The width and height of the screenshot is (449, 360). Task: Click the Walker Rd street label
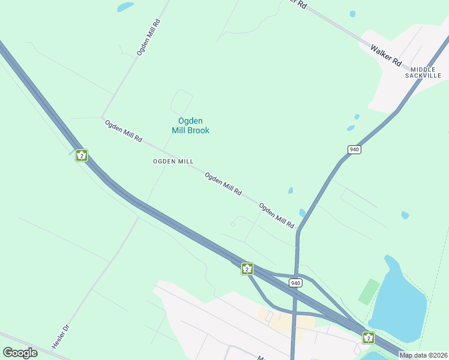pyautogui.click(x=385, y=54)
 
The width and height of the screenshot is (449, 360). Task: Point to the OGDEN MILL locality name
pyautogui.click(x=173, y=161)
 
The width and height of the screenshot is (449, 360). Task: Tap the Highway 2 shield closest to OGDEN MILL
pyautogui.click(x=82, y=155)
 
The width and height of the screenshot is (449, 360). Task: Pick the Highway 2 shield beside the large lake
pyautogui.click(x=368, y=338)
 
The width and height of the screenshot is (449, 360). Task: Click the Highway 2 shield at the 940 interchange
pyautogui.click(x=247, y=268)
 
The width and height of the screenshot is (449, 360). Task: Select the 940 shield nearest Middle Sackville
pyautogui.click(x=354, y=149)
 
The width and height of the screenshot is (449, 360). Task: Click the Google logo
pyautogui.click(x=20, y=352)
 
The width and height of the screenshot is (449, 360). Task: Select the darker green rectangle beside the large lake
pyautogui.click(x=369, y=291)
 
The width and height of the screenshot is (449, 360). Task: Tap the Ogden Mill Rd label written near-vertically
pyautogui.click(x=148, y=37)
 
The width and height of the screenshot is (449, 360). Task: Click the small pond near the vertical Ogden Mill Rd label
pyautogui.click(x=125, y=7)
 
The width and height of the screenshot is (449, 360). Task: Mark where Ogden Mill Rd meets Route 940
pyautogui.click(x=298, y=230)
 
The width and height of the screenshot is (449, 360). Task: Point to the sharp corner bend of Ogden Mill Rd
pyautogui.click(x=102, y=116)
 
